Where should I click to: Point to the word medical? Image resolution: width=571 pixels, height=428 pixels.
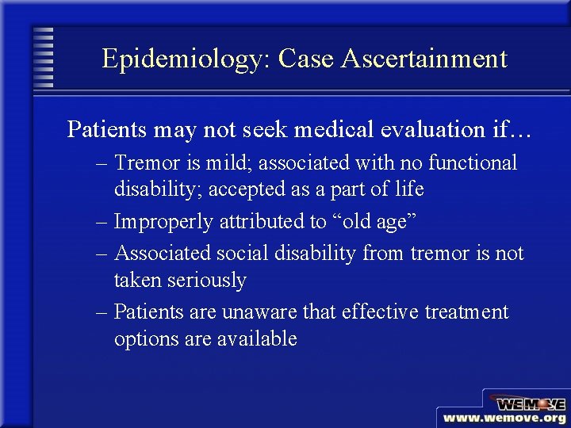click(x=305, y=129)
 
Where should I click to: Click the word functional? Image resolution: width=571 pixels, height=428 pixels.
click(x=473, y=163)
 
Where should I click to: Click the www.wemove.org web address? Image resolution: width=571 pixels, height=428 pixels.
click(x=504, y=418)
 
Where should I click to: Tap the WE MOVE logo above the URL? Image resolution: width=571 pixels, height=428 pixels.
click(x=527, y=401)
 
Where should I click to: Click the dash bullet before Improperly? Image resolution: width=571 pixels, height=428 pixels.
click(x=102, y=223)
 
